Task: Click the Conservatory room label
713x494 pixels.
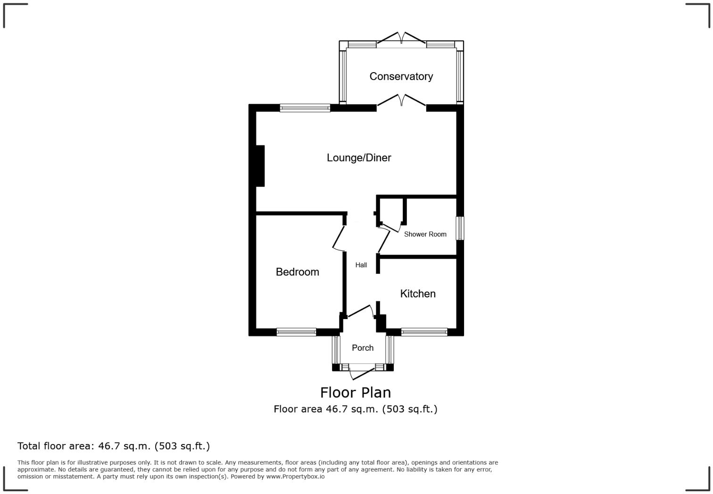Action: click(401, 76)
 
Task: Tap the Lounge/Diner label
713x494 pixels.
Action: click(359, 157)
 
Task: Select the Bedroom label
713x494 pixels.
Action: click(297, 272)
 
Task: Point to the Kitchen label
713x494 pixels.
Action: click(418, 294)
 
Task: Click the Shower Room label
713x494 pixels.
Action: click(425, 234)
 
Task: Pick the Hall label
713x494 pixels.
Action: click(361, 265)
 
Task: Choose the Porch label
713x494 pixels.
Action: click(363, 348)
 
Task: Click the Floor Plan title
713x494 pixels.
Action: click(356, 392)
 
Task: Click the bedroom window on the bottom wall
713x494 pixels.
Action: click(296, 332)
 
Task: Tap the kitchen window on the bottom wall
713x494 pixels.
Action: click(424, 332)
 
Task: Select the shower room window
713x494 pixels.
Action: click(460, 228)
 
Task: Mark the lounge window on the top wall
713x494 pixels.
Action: click(305, 108)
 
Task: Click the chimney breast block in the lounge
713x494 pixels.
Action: click(260, 166)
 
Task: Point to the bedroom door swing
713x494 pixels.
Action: click(339, 239)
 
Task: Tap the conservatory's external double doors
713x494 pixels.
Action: click(401, 38)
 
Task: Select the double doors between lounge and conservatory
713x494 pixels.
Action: click(401, 100)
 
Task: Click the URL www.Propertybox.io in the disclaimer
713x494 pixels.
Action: click(295, 477)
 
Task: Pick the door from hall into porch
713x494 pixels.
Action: click(361, 311)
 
